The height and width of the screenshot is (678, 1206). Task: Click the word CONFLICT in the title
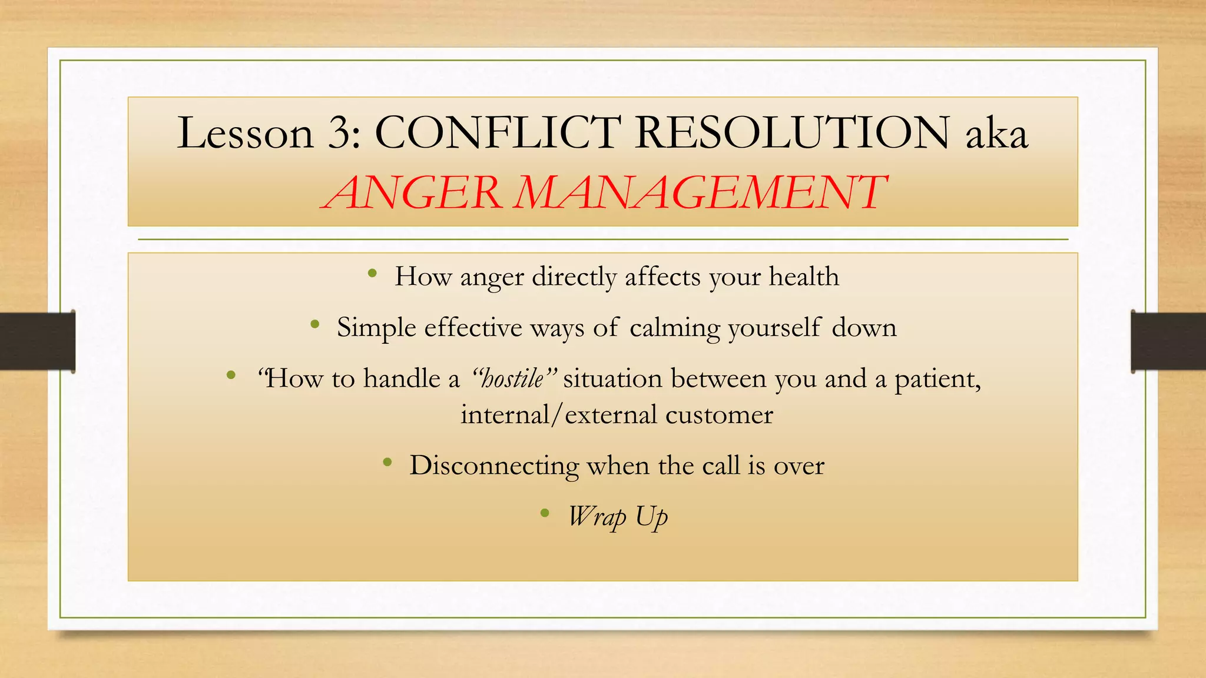[x=498, y=133]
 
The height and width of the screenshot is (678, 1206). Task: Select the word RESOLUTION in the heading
[x=792, y=133]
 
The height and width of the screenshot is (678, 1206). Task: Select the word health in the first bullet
[x=804, y=277]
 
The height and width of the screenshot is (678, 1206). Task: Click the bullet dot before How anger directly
[x=372, y=273]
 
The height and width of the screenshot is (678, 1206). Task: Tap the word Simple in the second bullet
[x=376, y=327]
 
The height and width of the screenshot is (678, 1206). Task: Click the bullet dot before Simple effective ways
[x=315, y=324]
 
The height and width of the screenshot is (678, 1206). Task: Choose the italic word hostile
[x=512, y=378]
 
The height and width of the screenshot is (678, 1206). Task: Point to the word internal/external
[x=557, y=415]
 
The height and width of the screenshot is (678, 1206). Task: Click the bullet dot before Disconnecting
[x=387, y=463]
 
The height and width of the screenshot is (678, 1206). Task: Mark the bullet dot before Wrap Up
[x=545, y=513]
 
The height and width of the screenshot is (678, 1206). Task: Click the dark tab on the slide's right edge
[x=1168, y=341]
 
